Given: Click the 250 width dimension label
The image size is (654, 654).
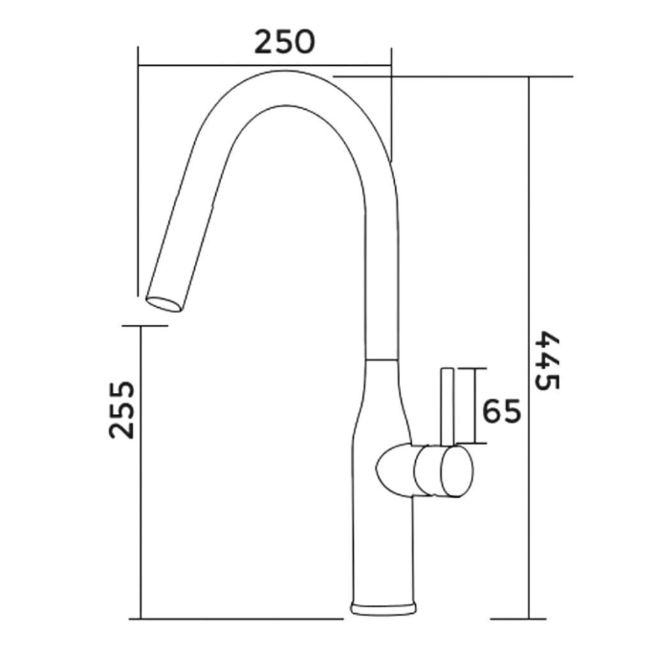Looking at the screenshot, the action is pyautogui.click(x=285, y=42).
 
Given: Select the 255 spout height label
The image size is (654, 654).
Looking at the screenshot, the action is pyautogui.click(x=121, y=409).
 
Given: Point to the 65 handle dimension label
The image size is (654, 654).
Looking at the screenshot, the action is pyautogui.click(x=502, y=411).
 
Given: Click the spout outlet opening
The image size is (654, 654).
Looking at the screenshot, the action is pyautogui.click(x=164, y=304).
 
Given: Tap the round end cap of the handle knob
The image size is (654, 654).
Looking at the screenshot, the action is pyautogui.click(x=457, y=471).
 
